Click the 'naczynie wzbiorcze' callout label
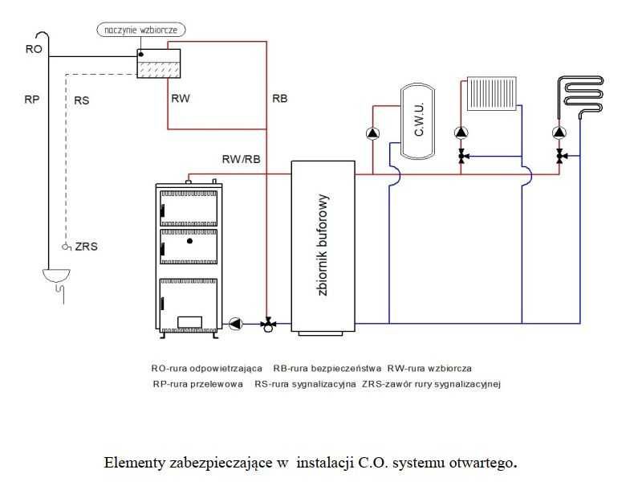[142, 30]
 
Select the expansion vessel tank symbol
[157, 64]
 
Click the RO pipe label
[33, 50]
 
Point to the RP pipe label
[32, 100]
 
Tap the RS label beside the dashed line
[81, 100]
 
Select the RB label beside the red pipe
[279, 99]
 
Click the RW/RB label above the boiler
[241, 159]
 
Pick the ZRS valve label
[86, 247]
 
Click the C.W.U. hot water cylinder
[416, 119]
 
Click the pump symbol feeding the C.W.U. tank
[372, 133]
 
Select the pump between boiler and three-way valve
[236, 324]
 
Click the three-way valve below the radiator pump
[462, 156]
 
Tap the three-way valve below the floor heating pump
[559, 156]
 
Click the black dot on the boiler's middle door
[189, 240]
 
